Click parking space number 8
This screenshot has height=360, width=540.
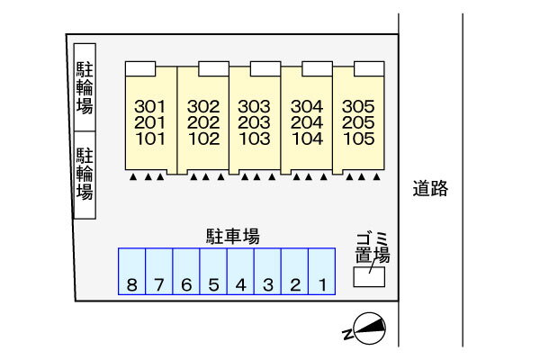pyautogui.click(x=132, y=272)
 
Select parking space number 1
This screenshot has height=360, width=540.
pyautogui.click(x=321, y=272)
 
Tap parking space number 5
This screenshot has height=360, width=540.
pyautogui.click(x=213, y=272)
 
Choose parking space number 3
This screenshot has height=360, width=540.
pyautogui.click(x=267, y=272)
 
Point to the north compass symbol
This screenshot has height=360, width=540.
pyautogui.click(x=368, y=328)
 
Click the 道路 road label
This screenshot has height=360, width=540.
pyautogui.click(x=430, y=190)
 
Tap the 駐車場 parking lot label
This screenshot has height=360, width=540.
pyautogui.click(x=233, y=237)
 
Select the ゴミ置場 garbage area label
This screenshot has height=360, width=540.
pyautogui.click(x=372, y=247)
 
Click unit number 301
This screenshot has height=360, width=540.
pyautogui.click(x=149, y=105)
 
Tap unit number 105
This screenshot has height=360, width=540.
pyautogui.click(x=358, y=139)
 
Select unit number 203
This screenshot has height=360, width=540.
pyautogui.click(x=255, y=122)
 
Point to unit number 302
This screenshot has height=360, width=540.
pyautogui.click(x=203, y=105)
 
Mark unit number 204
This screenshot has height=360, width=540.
pyautogui.click(x=307, y=122)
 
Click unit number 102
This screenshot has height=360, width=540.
pyautogui.click(x=203, y=139)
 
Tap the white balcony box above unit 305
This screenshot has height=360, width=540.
pyautogui.click(x=368, y=68)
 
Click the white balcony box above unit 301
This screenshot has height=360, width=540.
pyautogui.click(x=140, y=68)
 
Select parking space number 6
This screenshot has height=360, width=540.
pyautogui.click(x=186, y=272)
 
